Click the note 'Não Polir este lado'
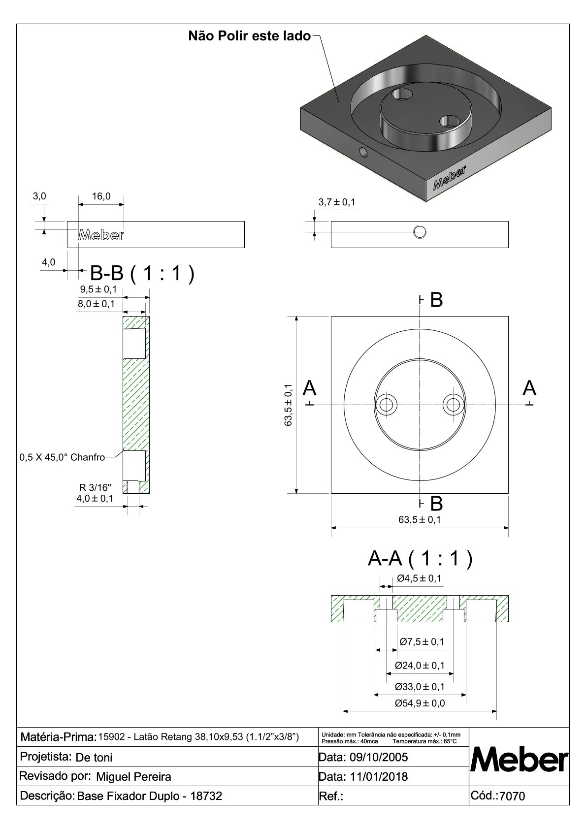point(250,36)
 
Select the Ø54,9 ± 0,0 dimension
point(420,703)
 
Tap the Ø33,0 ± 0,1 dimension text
point(420,686)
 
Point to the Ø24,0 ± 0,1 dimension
point(420,666)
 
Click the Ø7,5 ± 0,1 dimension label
point(422,641)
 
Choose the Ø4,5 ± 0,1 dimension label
point(419,578)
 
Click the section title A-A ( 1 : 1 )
point(420,558)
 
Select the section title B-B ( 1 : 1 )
point(142,273)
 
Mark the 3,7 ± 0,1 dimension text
point(337,202)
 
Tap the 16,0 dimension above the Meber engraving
point(101,196)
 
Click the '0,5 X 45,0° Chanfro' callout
point(62,457)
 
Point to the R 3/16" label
point(96,488)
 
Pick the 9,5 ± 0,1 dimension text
point(98,289)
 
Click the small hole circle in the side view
point(420,231)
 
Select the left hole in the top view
point(387,405)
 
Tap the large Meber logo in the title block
point(520,761)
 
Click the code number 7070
point(512,796)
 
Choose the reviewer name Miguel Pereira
point(133,777)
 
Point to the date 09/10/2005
point(379,757)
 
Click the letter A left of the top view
point(309,388)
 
